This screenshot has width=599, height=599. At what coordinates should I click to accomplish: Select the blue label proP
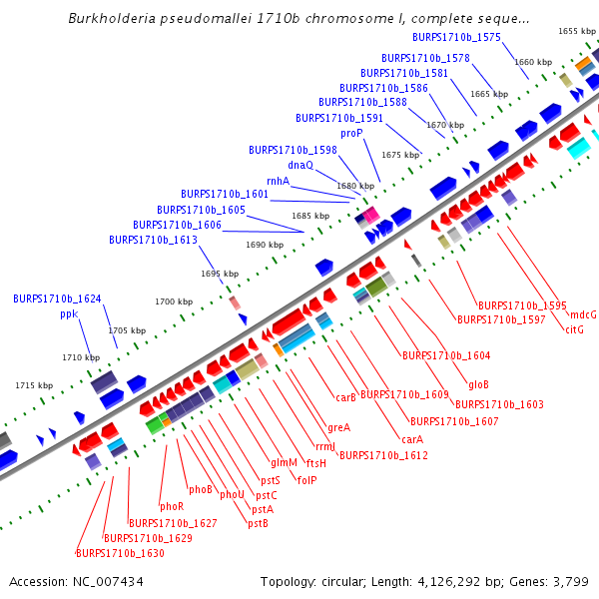point(351,133)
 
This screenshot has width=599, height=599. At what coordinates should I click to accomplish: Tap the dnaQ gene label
point(300,165)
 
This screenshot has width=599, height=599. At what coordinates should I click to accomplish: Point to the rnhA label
point(278,181)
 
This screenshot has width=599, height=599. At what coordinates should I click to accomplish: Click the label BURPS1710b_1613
point(153,240)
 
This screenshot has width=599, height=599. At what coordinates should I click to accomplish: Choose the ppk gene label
point(69,313)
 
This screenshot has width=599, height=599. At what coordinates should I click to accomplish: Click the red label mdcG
point(583,314)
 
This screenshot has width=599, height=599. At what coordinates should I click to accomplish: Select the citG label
point(574,329)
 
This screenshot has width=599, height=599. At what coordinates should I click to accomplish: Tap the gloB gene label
point(478,384)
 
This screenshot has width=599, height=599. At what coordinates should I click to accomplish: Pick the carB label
point(346,397)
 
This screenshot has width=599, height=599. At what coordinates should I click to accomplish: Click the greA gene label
point(339,427)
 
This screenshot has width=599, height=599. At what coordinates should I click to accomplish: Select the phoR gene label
point(172,506)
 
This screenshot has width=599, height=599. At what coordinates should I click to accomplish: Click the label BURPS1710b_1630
point(120,553)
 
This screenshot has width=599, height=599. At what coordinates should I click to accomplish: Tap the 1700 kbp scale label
point(174,301)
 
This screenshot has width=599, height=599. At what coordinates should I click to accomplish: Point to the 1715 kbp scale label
point(34,385)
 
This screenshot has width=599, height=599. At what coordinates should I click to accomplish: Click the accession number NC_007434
point(107,581)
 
